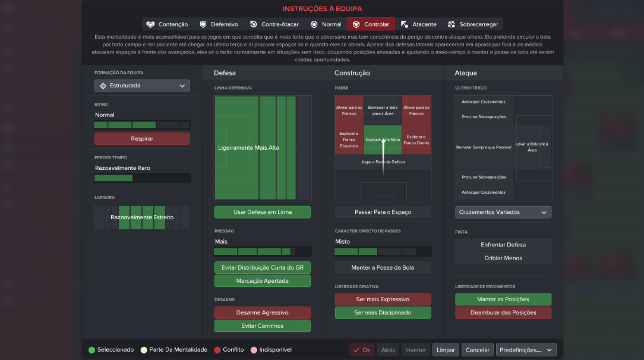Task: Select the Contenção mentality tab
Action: [167, 24]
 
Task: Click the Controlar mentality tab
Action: [371, 24]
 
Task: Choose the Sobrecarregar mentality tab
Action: [473, 24]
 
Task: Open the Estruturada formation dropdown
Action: [142, 86]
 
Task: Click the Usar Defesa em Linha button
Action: [263, 212]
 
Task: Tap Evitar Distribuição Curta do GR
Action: [263, 268]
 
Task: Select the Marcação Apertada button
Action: [263, 281]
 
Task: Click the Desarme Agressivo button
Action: [263, 312]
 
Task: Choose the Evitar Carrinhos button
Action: [263, 326]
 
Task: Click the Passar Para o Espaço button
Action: [383, 212]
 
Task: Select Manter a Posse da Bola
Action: [383, 268]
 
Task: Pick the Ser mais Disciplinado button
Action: [383, 312]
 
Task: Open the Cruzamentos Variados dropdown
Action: [503, 212]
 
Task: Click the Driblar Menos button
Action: [503, 258]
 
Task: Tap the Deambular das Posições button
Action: [503, 312]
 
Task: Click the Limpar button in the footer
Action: [446, 350]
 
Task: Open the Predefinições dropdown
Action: [526, 350]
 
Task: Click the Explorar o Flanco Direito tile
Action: [416, 140]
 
